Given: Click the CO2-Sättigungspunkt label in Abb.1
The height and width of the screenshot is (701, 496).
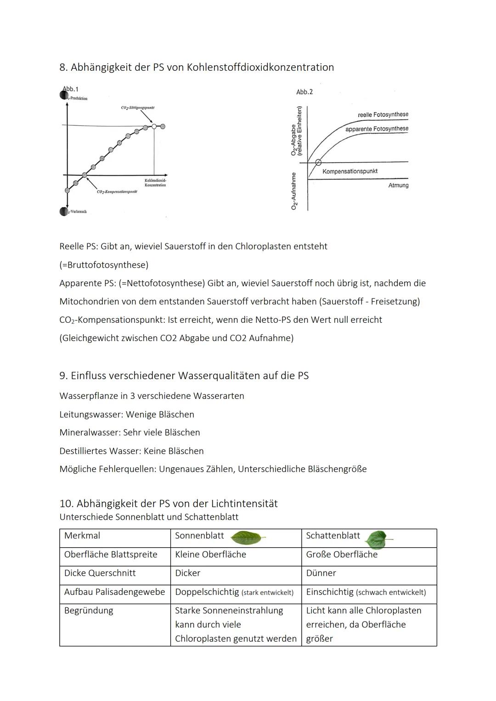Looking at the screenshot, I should tap(138, 108).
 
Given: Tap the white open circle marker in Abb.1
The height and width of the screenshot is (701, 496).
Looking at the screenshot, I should tap(154, 126).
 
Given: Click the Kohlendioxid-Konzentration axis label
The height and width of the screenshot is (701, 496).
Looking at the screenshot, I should tap(155, 182).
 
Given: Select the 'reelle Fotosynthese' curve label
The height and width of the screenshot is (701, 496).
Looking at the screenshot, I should tap(383, 114).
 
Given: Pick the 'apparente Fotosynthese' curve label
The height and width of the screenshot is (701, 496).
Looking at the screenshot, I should tap(377, 129).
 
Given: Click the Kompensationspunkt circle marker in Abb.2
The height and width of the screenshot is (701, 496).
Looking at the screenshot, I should tap(318, 163).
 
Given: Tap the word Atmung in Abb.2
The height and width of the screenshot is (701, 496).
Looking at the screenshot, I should tap(398, 185).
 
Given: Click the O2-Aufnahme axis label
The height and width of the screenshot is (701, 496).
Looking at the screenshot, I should tap(294, 191).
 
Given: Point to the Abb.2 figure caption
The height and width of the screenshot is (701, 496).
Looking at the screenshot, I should tap(304, 92).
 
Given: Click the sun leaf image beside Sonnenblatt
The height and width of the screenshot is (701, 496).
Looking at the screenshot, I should tap(247, 537).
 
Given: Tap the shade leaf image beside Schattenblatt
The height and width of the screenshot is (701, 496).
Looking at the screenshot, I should tap(377, 539).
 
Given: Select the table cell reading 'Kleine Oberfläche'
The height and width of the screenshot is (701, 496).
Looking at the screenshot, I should tap(210, 555).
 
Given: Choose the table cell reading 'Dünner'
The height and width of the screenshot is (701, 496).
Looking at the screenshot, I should tap(321, 573).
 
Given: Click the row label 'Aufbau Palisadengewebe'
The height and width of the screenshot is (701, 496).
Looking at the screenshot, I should tap(114, 592).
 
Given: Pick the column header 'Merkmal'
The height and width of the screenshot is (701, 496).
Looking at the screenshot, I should tap(82, 536).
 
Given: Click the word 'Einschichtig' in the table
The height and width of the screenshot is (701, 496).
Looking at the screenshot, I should tap(329, 592).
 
